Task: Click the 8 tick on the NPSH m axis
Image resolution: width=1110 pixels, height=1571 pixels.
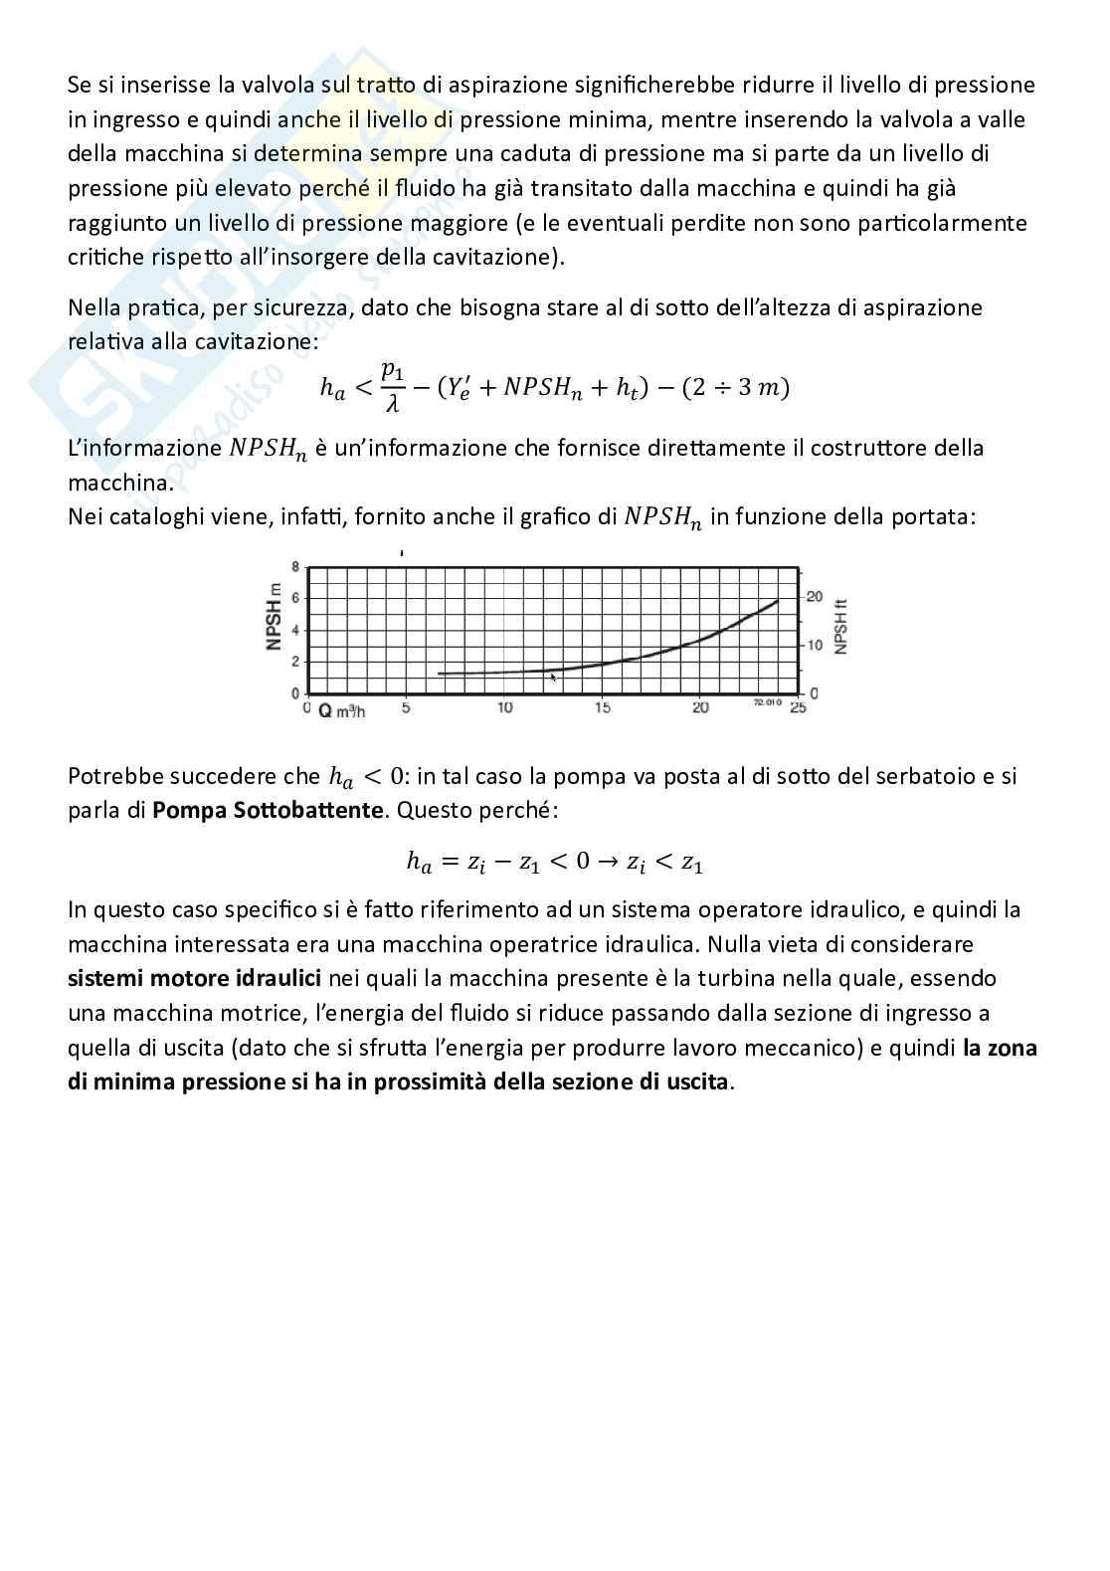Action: [x=294, y=565]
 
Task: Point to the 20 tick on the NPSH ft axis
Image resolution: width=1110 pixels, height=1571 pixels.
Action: [x=815, y=596]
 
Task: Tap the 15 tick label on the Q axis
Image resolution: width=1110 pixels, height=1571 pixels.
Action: [x=603, y=707]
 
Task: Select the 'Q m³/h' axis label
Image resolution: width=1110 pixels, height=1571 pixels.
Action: [x=341, y=710]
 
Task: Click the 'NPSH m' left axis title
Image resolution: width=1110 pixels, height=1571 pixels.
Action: [x=274, y=619]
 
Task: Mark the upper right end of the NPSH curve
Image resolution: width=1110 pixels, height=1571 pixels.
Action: [x=778, y=600]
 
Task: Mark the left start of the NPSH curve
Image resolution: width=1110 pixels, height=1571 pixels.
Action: [x=439, y=674]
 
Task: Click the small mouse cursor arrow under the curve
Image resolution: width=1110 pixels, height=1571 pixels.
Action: [x=553, y=678]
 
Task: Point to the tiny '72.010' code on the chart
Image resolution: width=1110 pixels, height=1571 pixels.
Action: [x=767, y=702]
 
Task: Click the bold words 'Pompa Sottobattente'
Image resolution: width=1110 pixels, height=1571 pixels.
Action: [x=267, y=810]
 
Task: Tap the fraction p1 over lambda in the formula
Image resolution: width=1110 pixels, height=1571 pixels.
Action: [x=393, y=386]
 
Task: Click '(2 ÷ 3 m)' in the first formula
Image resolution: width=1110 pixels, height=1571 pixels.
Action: [x=735, y=387]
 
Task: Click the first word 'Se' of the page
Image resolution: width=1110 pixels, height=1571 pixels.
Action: [x=79, y=85]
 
